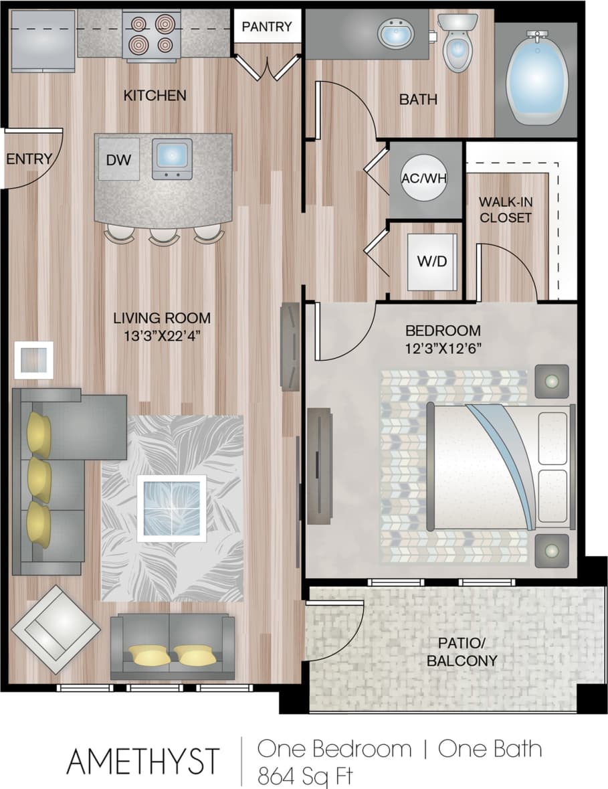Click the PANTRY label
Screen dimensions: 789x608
267,27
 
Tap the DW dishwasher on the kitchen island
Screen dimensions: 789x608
119,159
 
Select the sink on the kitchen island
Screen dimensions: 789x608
172,158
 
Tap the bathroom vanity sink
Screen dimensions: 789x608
396,33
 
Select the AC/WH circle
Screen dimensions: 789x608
423,179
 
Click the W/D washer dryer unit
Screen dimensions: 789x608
432,261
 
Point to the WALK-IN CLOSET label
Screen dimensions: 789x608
506,209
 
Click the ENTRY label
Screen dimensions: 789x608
29,159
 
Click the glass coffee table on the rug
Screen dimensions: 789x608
171,508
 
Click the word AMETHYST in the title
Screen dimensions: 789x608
143,760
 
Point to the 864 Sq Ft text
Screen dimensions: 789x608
305,776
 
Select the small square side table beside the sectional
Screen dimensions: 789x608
33,360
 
